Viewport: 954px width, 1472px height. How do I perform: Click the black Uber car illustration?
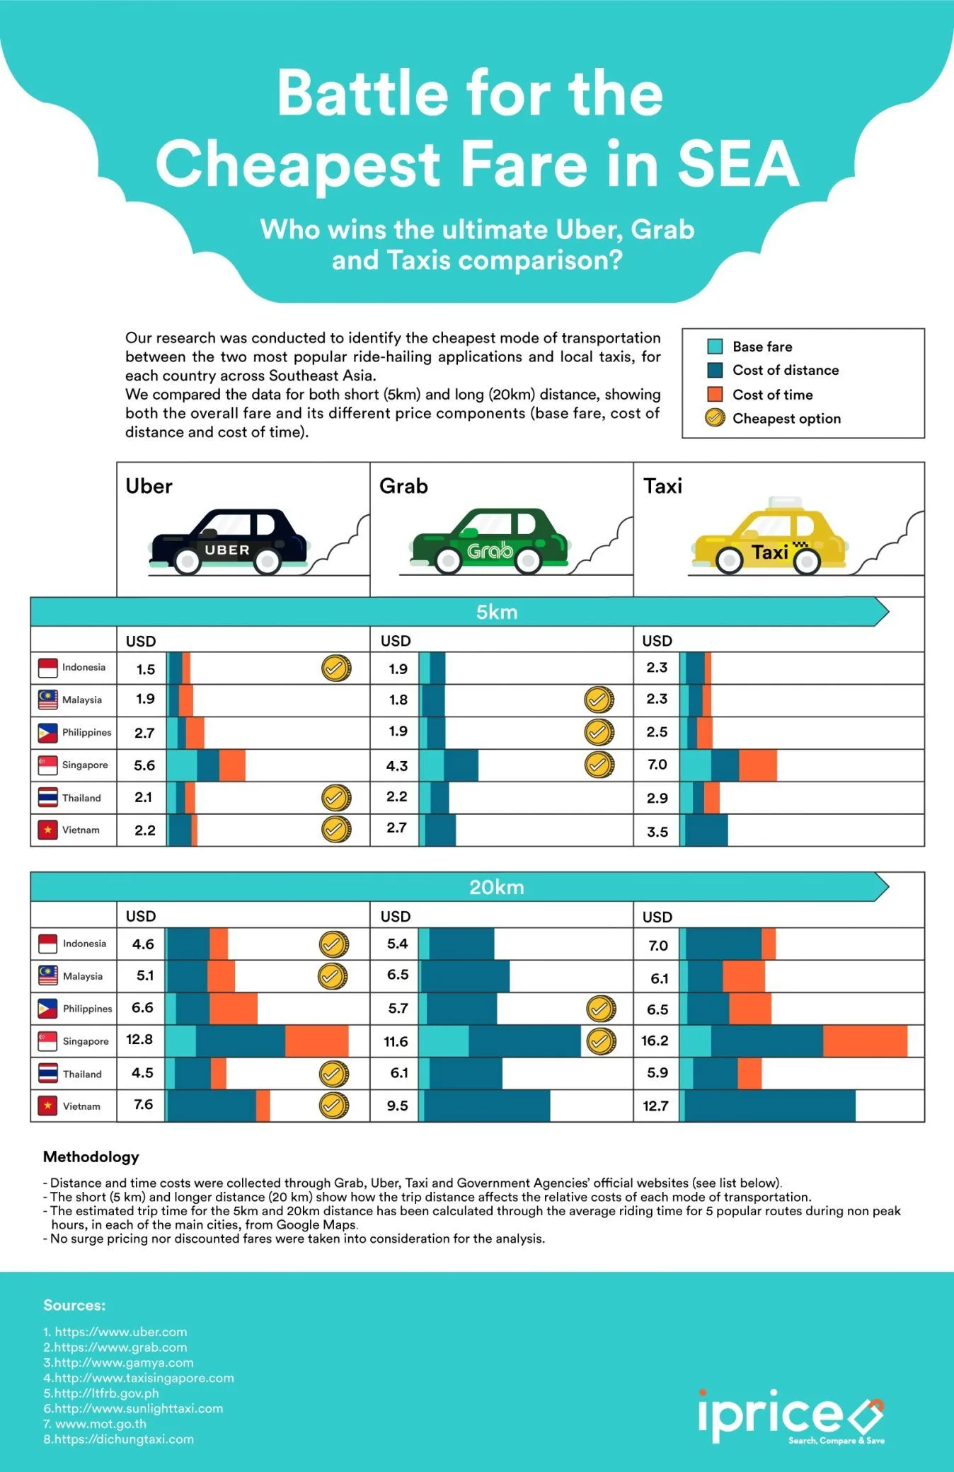[x=228, y=542]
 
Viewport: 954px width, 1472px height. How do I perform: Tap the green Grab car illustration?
[x=489, y=542]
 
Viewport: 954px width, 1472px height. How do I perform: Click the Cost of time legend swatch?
[x=715, y=394]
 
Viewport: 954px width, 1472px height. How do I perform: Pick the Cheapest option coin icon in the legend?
[x=715, y=418]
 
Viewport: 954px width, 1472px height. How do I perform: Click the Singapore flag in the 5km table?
[x=47, y=765]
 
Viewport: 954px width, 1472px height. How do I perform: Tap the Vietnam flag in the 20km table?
[x=47, y=1106]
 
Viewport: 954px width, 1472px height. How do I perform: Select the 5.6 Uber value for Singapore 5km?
[x=144, y=765]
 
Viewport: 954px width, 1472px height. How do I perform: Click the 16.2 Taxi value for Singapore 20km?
[x=655, y=1041]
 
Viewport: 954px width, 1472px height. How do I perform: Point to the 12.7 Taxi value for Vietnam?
[x=655, y=1106]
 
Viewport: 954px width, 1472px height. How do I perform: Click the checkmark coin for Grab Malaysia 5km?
[x=599, y=700]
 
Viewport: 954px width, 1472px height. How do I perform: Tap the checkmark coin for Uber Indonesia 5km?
[x=336, y=668]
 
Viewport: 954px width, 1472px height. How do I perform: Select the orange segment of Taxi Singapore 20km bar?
[x=865, y=1041]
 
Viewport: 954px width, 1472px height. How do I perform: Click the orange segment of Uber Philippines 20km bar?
[x=233, y=1008]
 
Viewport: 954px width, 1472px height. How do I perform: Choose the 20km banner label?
[x=496, y=887]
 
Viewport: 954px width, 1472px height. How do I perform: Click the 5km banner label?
[x=496, y=612]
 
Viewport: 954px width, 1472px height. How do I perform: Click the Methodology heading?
[x=91, y=1157]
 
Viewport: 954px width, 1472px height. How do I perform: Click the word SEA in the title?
[x=738, y=163]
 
